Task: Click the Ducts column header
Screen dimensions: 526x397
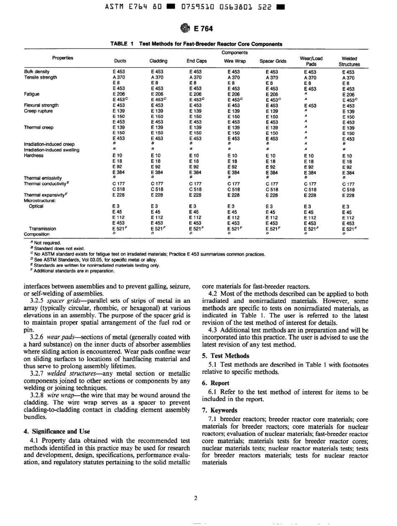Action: click(x=120, y=61)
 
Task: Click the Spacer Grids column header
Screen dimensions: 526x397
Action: click(x=273, y=61)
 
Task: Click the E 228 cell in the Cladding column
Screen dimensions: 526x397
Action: click(x=158, y=194)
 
